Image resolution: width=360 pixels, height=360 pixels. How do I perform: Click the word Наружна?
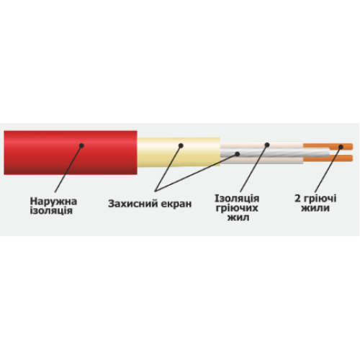[53, 202]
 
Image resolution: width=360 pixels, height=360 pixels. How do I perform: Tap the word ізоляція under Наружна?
[51, 211]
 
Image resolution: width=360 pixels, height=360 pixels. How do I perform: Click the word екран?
[176, 204]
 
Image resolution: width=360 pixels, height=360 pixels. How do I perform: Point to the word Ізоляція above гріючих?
[237, 199]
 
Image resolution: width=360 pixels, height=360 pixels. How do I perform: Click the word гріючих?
[237, 208]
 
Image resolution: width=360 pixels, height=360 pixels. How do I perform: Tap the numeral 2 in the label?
[297, 199]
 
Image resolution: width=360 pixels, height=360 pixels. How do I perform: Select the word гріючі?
[320, 199]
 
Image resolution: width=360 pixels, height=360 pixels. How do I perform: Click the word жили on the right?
[315, 208]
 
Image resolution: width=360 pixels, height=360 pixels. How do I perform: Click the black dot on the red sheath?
[81, 145]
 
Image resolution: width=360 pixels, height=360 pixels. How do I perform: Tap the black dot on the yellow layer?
[181, 145]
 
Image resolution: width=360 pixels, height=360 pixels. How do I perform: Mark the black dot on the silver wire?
[238, 154]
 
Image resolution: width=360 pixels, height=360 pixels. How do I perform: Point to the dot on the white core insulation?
[267, 145]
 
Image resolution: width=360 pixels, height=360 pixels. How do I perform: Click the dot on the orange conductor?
[341, 147]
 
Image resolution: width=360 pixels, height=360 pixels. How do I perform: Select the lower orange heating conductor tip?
[352, 158]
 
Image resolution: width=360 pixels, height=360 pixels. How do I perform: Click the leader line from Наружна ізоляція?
[68, 169]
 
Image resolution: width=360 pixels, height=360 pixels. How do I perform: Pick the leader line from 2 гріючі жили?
[328, 170]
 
